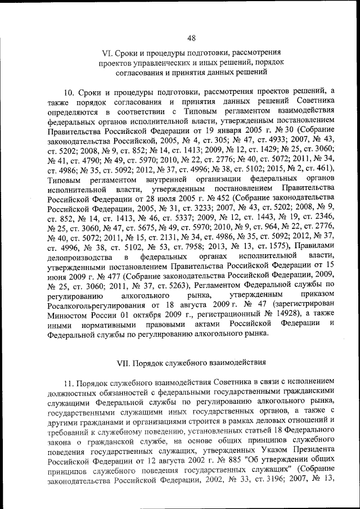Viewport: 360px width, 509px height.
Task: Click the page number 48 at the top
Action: (x=191, y=38)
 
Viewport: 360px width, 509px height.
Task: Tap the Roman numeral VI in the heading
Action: (x=106, y=54)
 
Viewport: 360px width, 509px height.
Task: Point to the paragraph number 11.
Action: (x=68, y=380)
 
